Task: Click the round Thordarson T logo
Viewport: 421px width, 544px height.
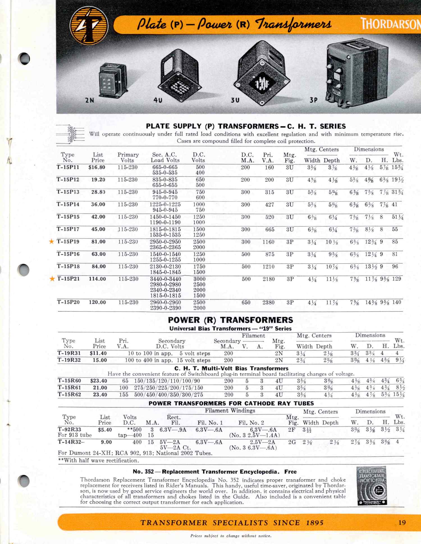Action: point(89,25)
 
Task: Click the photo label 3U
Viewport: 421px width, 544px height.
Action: point(235,100)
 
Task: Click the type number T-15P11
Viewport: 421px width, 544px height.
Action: point(68,167)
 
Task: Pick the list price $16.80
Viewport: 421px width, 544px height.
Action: point(97,167)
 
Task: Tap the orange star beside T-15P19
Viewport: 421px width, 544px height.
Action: point(52,242)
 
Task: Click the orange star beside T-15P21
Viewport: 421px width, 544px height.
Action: point(52,279)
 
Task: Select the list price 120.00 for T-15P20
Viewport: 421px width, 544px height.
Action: point(97,302)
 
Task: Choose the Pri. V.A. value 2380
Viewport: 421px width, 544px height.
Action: point(269,303)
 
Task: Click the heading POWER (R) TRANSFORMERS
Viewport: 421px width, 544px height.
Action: point(230,320)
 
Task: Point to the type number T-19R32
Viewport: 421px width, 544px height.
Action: point(69,360)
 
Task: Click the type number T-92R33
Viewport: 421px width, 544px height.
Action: point(69,430)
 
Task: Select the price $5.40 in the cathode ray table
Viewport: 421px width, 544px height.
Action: point(105,430)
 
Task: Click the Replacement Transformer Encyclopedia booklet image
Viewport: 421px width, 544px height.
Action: point(372,486)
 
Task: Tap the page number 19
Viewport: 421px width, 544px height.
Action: point(402,523)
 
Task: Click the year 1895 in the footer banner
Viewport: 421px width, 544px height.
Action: point(315,523)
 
